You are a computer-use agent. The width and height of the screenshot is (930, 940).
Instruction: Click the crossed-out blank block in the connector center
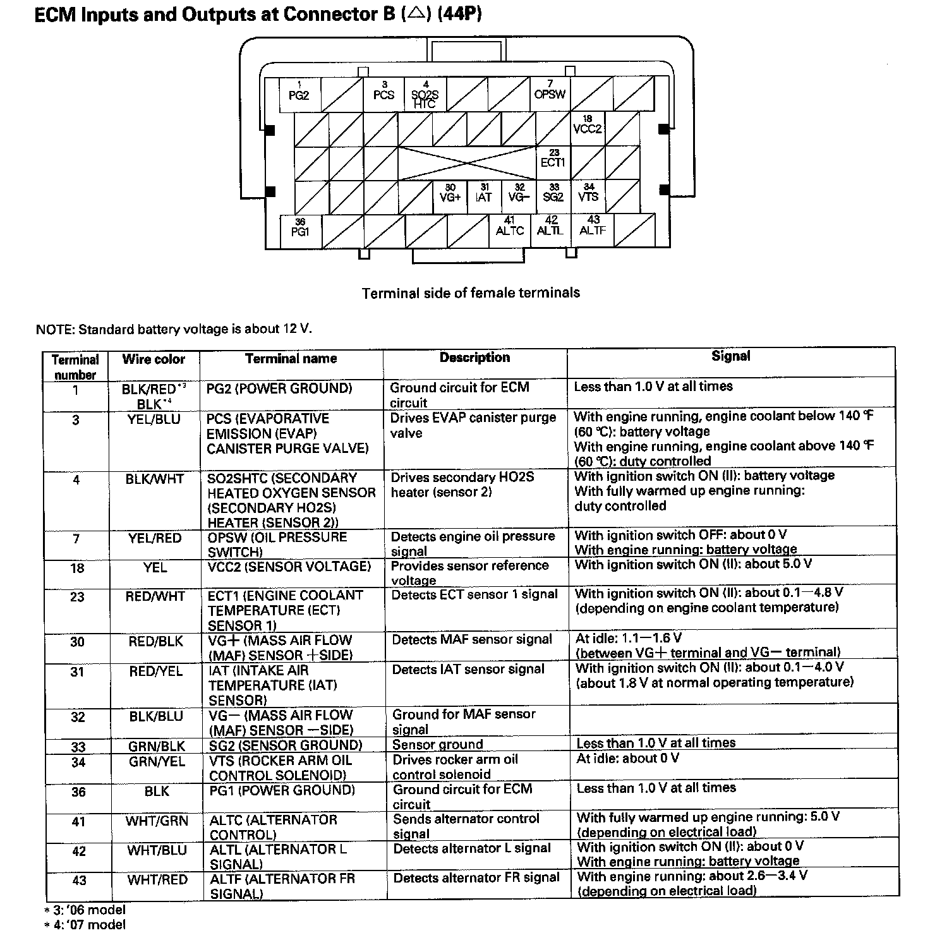coord(467,163)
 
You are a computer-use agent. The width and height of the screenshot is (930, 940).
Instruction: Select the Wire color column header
coord(154,359)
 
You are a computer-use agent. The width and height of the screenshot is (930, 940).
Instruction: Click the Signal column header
coord(731,356)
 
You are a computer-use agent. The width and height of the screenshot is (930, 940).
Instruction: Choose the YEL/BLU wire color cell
coord(154,419)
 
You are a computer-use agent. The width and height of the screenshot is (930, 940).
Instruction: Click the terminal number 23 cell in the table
coord(77,597)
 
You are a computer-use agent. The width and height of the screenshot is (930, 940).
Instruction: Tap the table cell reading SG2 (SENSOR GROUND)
coord(286,745)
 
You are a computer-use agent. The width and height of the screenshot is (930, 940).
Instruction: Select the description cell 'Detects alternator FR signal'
coord(476,878)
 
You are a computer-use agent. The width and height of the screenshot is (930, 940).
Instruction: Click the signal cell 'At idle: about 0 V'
coord(628,758)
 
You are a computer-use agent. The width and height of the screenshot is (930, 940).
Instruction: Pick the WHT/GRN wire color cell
coord(157,821)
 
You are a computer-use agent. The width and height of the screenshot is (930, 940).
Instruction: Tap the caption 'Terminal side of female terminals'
coord(471,293)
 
